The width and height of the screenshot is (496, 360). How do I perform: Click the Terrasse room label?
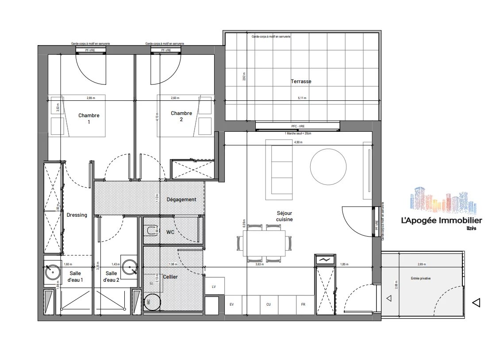point(301,81)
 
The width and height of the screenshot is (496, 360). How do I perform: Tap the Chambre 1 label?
point(89,119)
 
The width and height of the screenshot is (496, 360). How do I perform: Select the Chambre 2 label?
point(181,116)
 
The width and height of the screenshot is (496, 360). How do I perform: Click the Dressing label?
point(77,215)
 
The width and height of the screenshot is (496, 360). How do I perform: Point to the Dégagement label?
point(181,199)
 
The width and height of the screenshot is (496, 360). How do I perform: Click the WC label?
point(170,232)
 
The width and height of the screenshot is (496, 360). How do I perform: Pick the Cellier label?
point(170,277)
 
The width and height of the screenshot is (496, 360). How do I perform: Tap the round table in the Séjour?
point(328,167)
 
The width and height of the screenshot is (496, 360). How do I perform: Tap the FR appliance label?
point(303,304)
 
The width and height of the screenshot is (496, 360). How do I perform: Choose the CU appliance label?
point(268,304)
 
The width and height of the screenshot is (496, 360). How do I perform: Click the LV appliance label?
point(214,287)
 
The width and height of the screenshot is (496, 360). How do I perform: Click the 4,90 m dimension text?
point(299,142)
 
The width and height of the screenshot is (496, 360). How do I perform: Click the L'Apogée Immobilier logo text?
point(441,221)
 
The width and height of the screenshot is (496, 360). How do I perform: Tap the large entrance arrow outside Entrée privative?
point(476,303)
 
